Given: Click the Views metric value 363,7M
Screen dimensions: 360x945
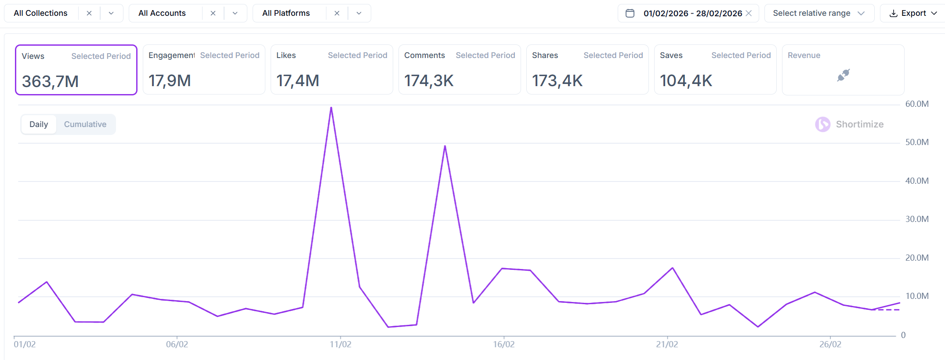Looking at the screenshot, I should pyautogui.click(x=50, y=81).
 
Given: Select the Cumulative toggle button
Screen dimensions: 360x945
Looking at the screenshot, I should pyautogui.click(x=85, y=124).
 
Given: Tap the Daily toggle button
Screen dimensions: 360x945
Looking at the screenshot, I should pyautogui.click(x=39, y=124).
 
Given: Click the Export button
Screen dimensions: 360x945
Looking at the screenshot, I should pyautogui.click(x=913, y=13).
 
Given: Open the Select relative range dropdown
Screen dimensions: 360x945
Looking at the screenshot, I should pyautogui.click(x=819, y=13).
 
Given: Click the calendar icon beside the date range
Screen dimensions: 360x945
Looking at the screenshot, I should pyautogui.click(x=630, y=13).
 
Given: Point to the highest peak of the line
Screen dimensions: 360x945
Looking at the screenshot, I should pyautogui.click(x=331, y=108).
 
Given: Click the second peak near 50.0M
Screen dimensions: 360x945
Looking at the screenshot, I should pyautogui.click(x=445, y=146).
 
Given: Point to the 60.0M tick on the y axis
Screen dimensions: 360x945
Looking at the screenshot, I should pyautogui.click(x=916, y=104).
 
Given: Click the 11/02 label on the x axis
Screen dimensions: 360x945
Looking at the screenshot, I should pyautogui.click(x=340, y=344).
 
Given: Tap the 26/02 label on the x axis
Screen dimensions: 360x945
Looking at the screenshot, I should pyautogui.click(x=830, y=344).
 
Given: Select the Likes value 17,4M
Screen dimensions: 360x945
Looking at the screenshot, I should pyautogui.click(x=297, y=81).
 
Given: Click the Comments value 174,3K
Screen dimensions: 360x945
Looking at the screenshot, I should pyautogui.click(x=428, y=81).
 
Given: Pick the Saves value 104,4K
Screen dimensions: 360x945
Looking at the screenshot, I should pyautogui.click(x=685, y=81).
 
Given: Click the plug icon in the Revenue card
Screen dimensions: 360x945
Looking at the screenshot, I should pyautogui.click(x=843, y=75).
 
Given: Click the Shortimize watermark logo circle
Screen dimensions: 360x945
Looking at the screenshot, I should pyautogui.click(x=822, y=124).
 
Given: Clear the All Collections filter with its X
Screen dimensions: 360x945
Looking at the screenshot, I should pyautogui.click(x=89, y=13).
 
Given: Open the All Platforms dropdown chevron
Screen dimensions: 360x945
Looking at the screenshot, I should pyautogui.click(x=359, y=13).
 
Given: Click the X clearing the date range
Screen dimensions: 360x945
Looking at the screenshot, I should pyautogui.click(x=749, y=13).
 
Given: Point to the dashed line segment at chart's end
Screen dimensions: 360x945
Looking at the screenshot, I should pyautogui.click(x=887, y=310).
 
